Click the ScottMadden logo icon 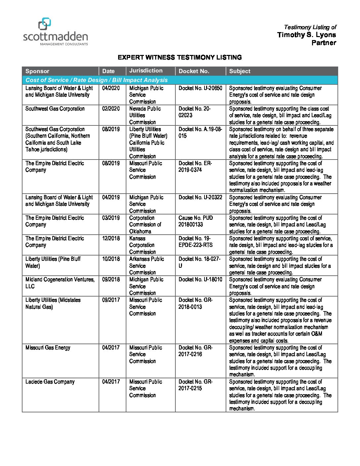tap(45, 24)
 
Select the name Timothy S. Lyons tap(306, 35)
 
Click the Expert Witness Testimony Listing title tap(180, 57)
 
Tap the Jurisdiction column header tap(146, 70)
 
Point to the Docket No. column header tap(194, 71)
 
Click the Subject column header tap(240, 71)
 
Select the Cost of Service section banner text tap(97, 80)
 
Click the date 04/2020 tap(111, 88)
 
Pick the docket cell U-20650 tap(201, 88)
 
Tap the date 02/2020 tap(111, 109)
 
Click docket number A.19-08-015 tap(200, 132)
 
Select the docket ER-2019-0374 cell tap(195, 166)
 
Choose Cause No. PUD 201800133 tap(196, 221)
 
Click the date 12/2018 tap(111, 238)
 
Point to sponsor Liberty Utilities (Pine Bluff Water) tap(53, 262)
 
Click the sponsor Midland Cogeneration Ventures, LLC tap(60, 283)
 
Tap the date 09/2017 tap(111, 300)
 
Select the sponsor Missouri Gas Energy tap(48, 348)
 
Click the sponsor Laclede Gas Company tap(50, 382)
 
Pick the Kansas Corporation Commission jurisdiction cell tap(142, 245)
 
